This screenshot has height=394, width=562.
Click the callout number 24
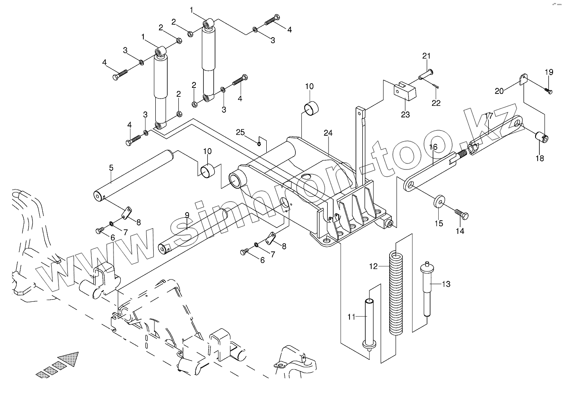point(327,133)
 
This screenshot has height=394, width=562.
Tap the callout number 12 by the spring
point(373,266)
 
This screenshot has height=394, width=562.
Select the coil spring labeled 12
point(396,295)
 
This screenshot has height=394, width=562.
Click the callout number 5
point(111,168)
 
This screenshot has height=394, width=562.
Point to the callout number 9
point(186,215)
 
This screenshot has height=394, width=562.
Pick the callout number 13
point(446,283)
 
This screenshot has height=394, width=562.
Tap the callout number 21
point(426,56)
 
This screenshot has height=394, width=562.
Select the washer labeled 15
point(438,201)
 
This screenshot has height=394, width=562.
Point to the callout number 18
point(540,158)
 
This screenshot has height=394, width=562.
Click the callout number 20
point(499,90)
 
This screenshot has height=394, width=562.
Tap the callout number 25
point(240,132)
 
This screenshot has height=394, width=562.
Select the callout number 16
point(433,147)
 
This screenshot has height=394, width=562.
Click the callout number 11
point(351,317)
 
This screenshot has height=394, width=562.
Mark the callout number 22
point(436,103)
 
